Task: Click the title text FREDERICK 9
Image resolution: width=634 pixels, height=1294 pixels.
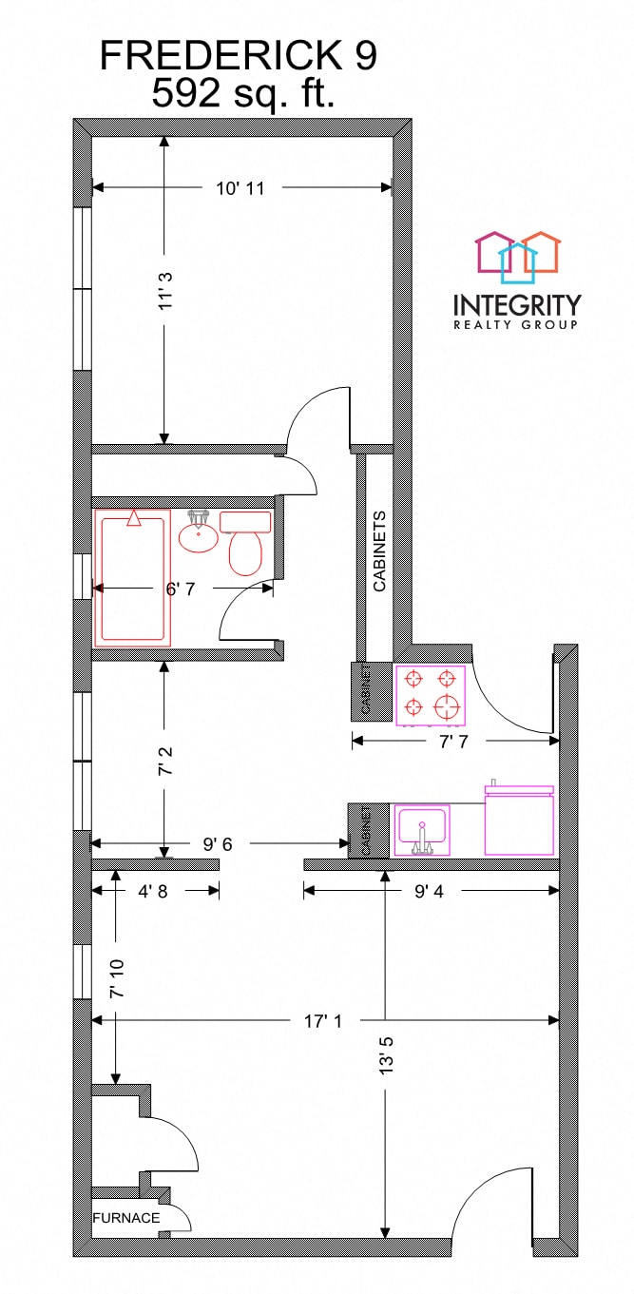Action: (x=239, y=57)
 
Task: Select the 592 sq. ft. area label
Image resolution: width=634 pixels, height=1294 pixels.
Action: (x=243, y=93)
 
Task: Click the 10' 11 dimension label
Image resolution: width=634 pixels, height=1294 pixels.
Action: (x=240, y=188)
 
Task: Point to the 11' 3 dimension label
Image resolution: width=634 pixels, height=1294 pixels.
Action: (x=164, y=291)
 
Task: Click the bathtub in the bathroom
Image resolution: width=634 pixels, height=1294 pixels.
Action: (x=133, y=577)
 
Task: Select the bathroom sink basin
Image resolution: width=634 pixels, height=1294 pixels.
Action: (x=199, y=535)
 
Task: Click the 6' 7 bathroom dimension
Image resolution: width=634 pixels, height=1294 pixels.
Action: (x=181, y=589)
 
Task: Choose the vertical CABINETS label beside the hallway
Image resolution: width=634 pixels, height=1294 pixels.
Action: (x=379, y=552)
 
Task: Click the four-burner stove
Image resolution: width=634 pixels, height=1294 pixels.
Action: (x=431, y=693)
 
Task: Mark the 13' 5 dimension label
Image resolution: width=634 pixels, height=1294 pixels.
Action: (x=385, y=1053)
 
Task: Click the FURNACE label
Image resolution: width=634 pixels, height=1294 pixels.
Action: (x=126, y=1217)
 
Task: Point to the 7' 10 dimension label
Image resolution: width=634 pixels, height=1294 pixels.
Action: (x=116, y=979)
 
